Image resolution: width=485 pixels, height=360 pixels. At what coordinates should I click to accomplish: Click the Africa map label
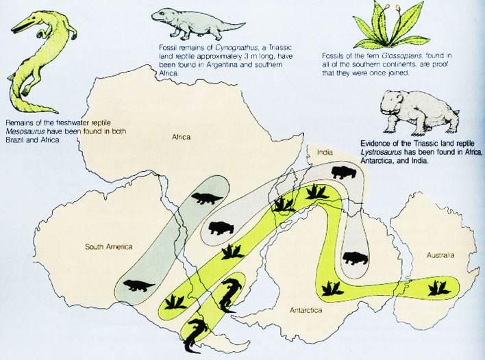pyautogui.click(x=182, y=137)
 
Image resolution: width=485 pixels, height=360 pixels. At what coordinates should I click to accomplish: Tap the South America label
pyautogui.click(x=108, y=246)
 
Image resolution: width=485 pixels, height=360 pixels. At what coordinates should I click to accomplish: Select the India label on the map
pyautogui.click(x=325, y=152)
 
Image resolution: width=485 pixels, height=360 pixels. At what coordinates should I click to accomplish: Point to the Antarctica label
pyautogui.click(x=306, y=310)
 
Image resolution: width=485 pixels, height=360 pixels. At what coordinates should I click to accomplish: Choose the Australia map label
pyautogui.click(x=440, y=255)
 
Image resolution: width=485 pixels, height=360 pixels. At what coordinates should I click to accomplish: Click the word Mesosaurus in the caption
pyautogui.click(x=22, y=131)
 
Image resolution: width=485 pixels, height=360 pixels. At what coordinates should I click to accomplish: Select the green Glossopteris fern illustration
pyautogui.click(x=391, y=25)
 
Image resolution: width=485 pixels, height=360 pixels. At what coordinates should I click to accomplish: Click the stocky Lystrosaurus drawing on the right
pyautogui.click(x=420, y=113)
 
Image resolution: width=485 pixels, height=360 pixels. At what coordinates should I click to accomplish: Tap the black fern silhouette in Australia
pyautogui.click(x=438, y=288)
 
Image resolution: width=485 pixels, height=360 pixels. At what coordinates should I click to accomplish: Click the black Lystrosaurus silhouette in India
pyautogui.click(x=343, y=172)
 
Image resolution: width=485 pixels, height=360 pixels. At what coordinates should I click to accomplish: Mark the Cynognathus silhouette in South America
pyautogui.click(x=138, y=285)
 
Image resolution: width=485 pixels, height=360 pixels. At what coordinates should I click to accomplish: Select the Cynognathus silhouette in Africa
pyautogui.click(x=207, y=198)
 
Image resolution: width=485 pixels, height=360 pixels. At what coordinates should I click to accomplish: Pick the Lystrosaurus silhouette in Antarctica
pyautogui.click(x=356, y=258)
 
